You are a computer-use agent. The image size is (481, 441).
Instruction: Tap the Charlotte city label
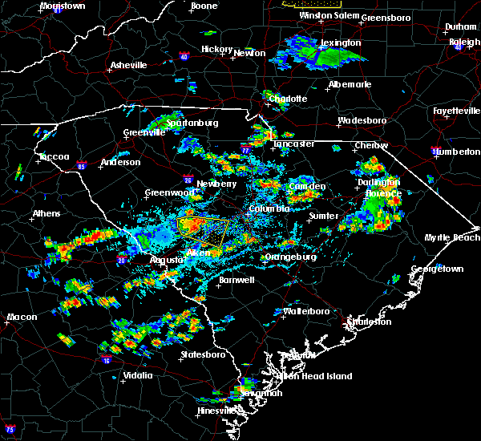point(288,99)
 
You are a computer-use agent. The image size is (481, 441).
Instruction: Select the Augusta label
point(167,261)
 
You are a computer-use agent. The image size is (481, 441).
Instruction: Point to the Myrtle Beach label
point(452,237)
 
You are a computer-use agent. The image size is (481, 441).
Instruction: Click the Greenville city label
point(143,133)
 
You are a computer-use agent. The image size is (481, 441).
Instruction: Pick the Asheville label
point(128,65)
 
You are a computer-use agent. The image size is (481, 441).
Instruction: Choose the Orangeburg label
point(289,257)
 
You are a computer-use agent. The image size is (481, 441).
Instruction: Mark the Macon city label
point(22,318)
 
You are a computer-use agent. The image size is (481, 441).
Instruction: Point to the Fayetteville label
point(454,110)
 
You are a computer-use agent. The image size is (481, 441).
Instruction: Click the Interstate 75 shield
point(10,431)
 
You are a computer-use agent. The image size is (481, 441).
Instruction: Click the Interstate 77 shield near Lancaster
point(246,150)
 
